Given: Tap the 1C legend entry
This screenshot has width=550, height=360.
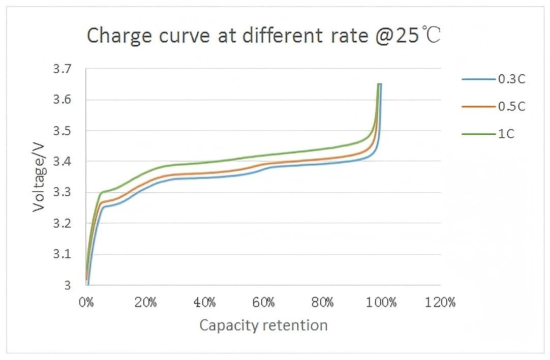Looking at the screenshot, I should coord(506,134).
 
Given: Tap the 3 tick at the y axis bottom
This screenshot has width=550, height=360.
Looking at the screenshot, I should coord(67,286).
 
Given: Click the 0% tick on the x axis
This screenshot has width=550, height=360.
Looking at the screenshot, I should coord(86,303).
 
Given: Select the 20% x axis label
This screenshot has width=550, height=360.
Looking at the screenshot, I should coord(145,303).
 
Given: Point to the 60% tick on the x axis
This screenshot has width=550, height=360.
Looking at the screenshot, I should coord(264,303).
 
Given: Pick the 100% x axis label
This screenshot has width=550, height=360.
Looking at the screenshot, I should coord(381,303).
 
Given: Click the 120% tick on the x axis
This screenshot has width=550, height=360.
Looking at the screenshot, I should coord(441,303).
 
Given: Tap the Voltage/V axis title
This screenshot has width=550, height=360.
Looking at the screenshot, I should coord(39,177).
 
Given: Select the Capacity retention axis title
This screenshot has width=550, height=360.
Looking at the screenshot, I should coord(263,325).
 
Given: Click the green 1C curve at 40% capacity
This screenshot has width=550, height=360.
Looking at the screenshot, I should coord(205,162).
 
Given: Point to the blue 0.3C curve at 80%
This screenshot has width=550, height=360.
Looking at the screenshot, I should coord(323,164).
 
